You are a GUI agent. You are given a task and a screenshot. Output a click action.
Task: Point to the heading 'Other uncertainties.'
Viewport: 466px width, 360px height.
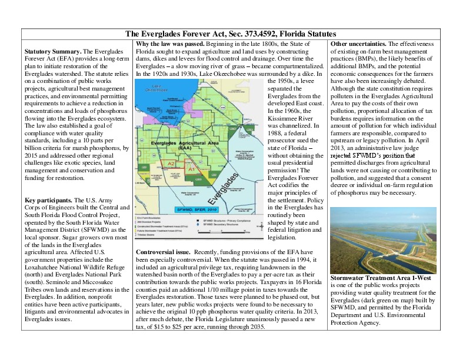pyautogui.click(x=358, y=44)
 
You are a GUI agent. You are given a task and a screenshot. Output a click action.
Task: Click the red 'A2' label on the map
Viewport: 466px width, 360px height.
pyautogui.click(x=171, y=163)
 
